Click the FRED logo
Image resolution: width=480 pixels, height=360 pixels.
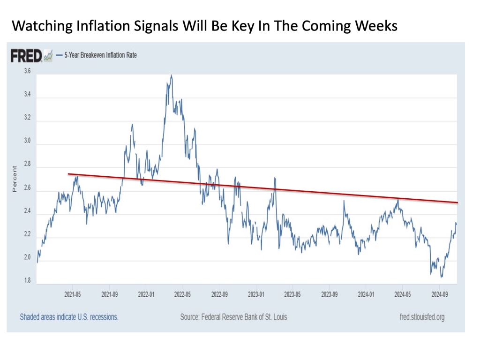27,56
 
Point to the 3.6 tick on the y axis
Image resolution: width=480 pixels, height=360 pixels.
27,71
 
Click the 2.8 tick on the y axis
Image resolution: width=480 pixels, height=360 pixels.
27,165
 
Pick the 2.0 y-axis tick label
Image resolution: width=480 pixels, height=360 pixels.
27,258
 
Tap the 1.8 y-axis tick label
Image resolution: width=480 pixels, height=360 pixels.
27,281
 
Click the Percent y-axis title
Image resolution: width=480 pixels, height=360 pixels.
15,179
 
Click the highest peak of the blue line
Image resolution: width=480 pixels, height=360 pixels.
171,75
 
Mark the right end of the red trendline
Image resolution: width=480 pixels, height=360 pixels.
457,202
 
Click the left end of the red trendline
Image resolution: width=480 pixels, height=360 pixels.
68,174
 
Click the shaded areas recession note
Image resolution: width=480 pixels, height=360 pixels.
69,317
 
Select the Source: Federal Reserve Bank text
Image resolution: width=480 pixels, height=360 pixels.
233,317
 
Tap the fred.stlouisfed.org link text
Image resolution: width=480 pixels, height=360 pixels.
419,317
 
